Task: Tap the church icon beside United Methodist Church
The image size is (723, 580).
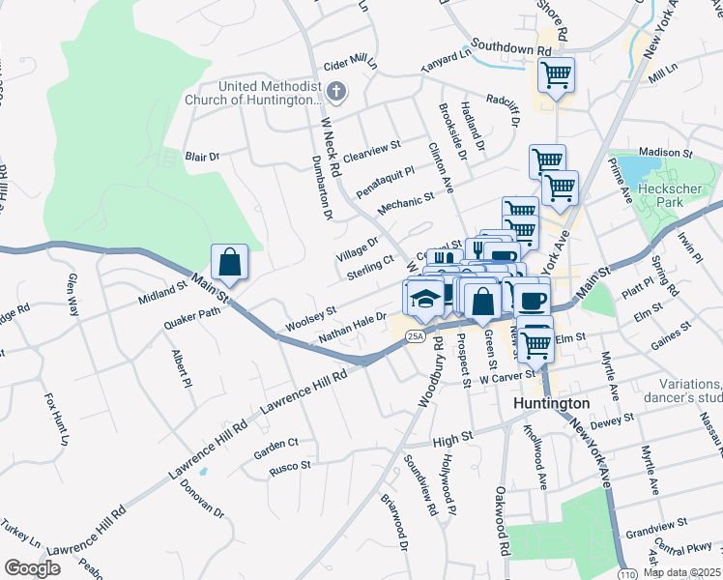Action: (335, 93)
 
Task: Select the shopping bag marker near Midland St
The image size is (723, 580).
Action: (230, 262)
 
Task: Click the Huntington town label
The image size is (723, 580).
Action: (552, 403)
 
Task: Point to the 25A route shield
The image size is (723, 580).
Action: (415, 336)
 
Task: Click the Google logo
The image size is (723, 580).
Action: (32, 568)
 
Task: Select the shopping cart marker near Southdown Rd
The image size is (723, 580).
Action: (556, 74)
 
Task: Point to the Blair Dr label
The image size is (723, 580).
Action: (203, 156)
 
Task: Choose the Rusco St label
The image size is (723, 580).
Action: (290, 465)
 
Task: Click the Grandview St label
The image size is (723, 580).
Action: (654, 528)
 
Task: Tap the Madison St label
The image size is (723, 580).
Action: (666, 153)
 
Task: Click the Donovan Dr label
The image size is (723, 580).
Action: (204, 498)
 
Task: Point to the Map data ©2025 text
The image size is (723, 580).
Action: (682, 572)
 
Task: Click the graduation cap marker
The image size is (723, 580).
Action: (425, 298)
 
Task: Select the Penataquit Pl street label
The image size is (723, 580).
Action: (386, 175)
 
